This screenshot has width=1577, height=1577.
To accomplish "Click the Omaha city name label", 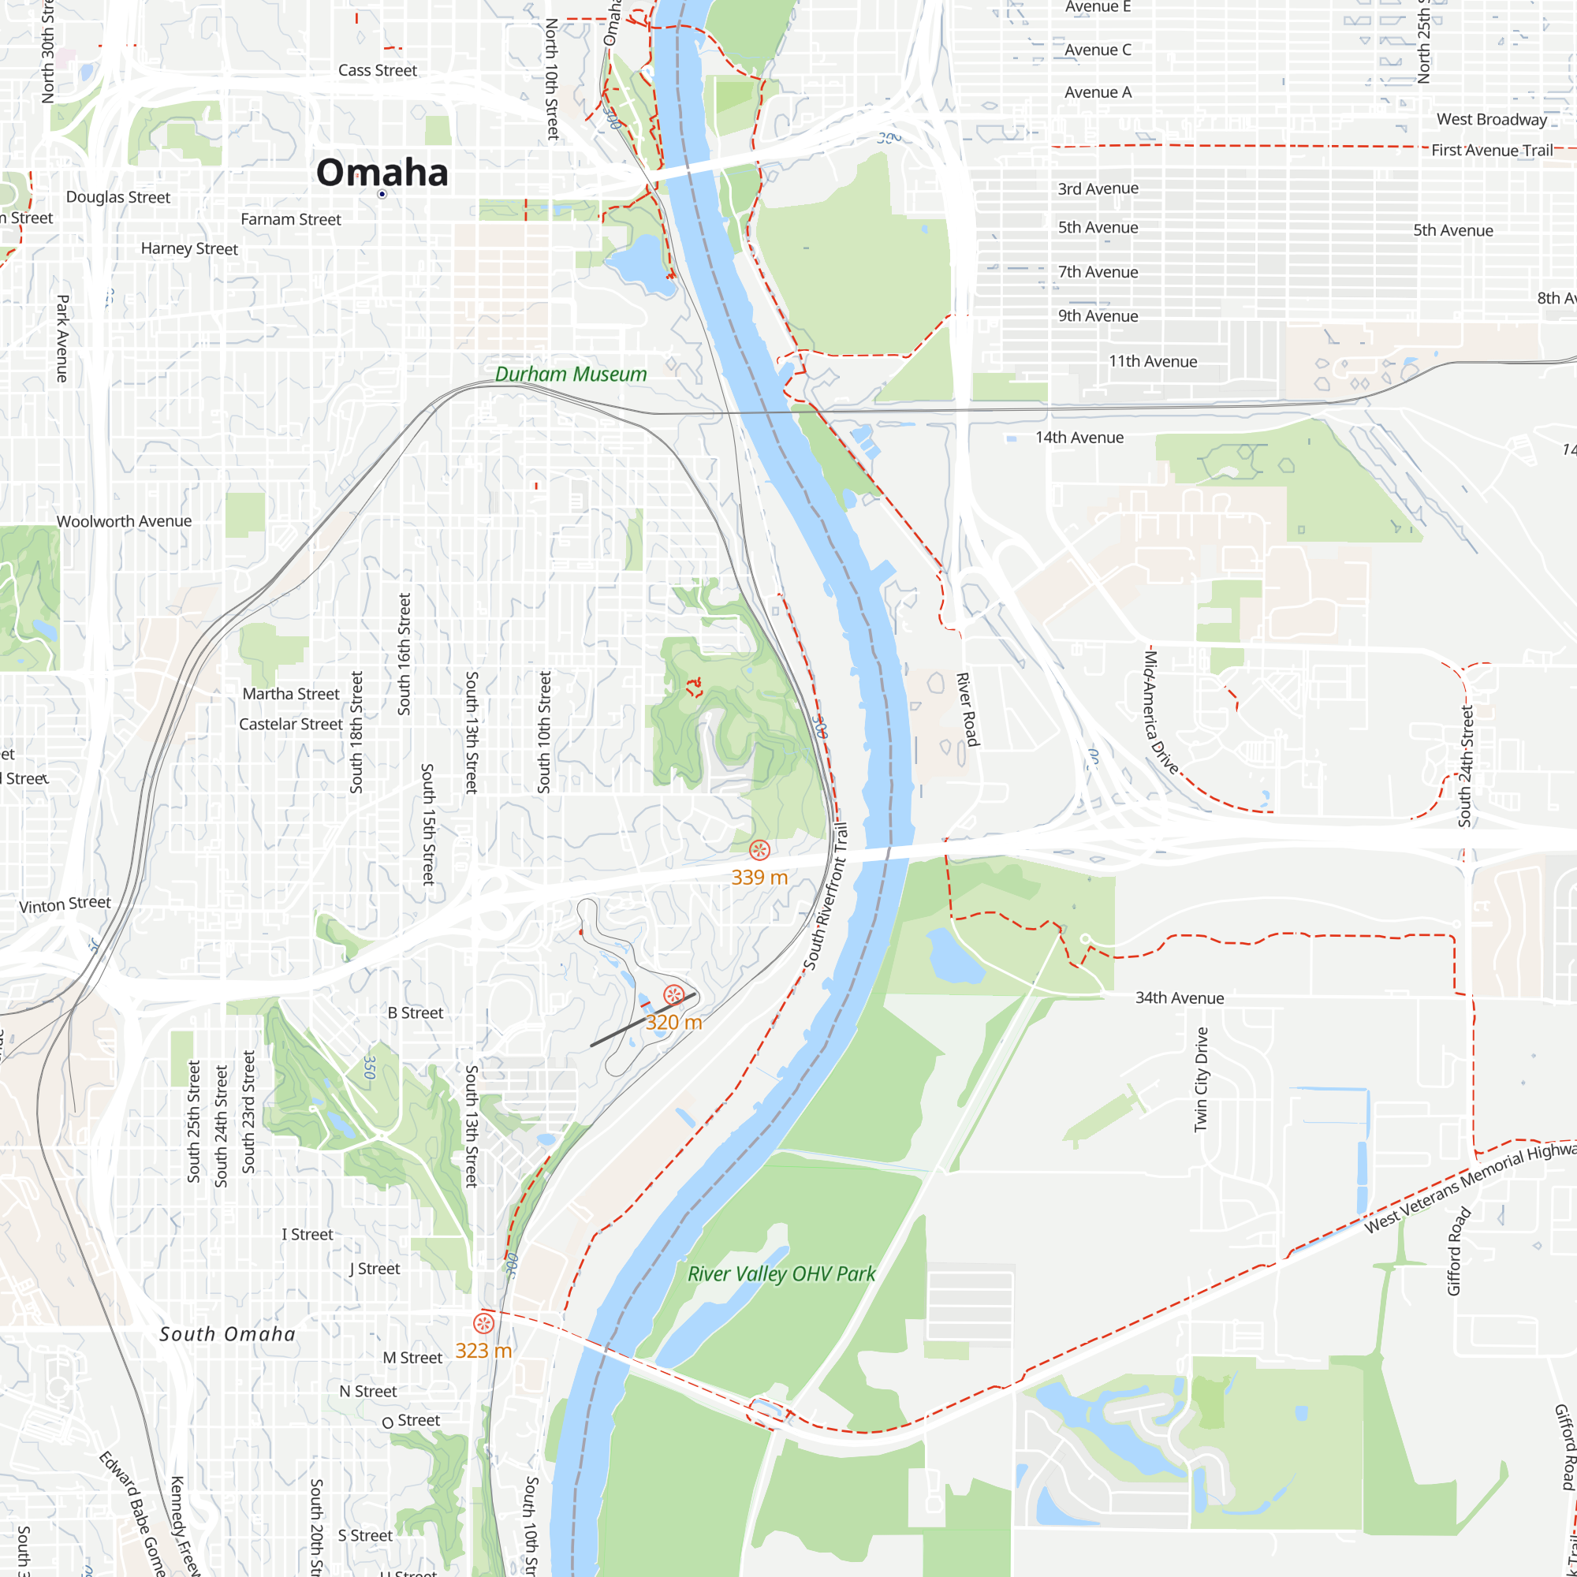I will [382, 172].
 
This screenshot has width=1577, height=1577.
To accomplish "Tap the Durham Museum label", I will [571, 374].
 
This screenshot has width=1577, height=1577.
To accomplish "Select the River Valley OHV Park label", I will [781, 1273].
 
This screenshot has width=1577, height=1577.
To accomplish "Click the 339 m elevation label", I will [759, 878].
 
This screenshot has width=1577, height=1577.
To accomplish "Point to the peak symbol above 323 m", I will [484, 1323].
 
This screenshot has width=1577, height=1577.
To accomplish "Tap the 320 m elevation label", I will [673, 1022].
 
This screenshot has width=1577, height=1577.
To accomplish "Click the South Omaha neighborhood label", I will [227, 1334].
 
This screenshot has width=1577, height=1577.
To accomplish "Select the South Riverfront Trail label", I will [826, 897].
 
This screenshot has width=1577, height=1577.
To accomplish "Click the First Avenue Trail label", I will [1491, 150].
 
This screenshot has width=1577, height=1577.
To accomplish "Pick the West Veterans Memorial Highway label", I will [1469, 1187].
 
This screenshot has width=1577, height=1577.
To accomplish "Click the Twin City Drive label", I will [1201, 1079].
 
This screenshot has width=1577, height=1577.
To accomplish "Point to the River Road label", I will [967, 710].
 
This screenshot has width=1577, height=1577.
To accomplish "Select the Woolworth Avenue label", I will [124, 520].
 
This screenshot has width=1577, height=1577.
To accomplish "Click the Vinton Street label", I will [65, 904].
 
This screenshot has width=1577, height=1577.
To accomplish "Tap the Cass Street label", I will [377, 70].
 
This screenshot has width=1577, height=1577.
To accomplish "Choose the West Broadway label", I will [1491, 119].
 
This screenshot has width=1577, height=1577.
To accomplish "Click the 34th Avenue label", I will [1180, 997].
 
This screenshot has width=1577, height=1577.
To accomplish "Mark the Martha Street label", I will [291, 694].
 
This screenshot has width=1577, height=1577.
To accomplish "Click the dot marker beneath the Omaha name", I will [382, 194].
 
